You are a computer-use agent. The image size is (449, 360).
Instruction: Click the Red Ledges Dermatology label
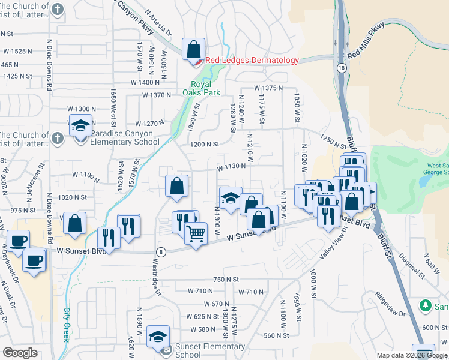click(x=252, y=61)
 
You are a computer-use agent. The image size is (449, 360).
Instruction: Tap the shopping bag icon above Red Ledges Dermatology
click(x=194, y=48)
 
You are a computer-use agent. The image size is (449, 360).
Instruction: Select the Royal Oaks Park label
click(x=201, y=88)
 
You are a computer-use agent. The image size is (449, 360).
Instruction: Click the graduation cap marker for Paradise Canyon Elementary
click(x=80, y=126)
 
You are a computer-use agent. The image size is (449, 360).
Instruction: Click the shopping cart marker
click(x=196, y=233)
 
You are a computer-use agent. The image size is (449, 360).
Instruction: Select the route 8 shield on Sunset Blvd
click(x=161, y=251)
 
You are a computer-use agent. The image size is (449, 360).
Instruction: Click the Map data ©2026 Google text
click(x=411, y=355)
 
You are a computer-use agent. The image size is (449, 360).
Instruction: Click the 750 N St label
click(x=226, y=280)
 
